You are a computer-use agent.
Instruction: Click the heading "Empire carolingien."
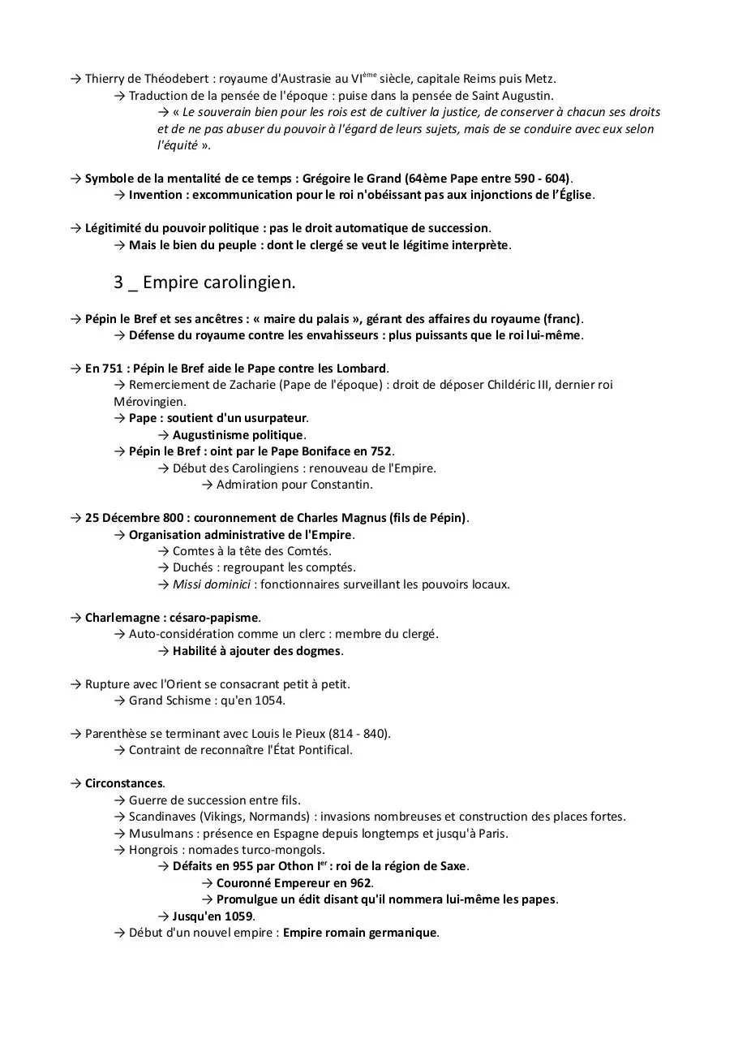point(219,282)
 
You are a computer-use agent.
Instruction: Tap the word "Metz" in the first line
point(540,79)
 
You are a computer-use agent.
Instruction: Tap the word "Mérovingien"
point(148,402)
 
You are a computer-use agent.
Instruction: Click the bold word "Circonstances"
point(123,783)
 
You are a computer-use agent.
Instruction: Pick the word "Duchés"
point(192,567)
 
